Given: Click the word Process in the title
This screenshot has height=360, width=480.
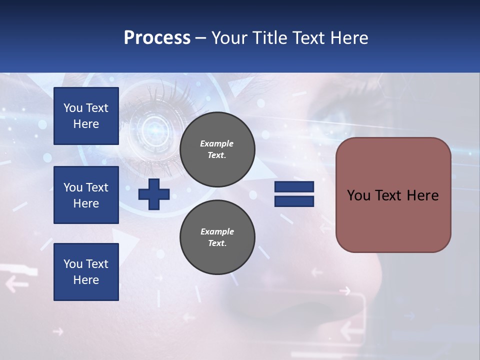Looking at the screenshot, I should pyautogui.click(x=157, y=38).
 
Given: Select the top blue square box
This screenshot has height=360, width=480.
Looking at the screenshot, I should pyautogui.click(x=86, y=116).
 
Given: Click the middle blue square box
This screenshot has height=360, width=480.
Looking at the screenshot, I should pyautogui.click(x=86, y=195).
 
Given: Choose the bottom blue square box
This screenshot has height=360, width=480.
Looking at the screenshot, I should pyautogui.click(x=86, y=271).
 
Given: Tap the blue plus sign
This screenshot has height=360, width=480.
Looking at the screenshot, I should pyautogui.click(x=154, y=194).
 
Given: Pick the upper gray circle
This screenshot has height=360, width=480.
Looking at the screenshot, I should pyautogui.click(x=217, y=149).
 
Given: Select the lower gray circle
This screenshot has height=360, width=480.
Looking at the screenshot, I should pyautogui.click(x=217, y=237).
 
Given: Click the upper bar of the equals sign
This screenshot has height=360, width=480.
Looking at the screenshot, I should pyautogui.click(x=294, y=186).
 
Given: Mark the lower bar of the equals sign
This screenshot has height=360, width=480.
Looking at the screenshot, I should pyautogui.click(x=294, y=201).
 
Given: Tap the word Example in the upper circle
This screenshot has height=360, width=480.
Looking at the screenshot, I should pyautogui.click(x=217, y=143).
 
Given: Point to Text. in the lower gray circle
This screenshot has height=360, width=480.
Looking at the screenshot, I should pyautogui.click(x=217, y=243).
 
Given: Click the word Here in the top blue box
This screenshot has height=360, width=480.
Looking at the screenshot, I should pyautogui.click(x=86, y=124).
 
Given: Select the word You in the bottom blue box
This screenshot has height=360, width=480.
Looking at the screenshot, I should pyautogui.click(x=72, y=263).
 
